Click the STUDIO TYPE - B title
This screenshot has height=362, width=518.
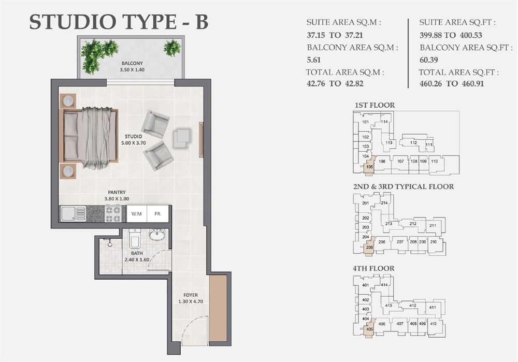pos(119,22)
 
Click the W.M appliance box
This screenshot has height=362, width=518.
pos(137,213)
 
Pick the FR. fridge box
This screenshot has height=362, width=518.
pos(158,213)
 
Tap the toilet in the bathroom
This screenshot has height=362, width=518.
pos(134,241)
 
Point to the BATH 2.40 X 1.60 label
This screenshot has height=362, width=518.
pos(137,257)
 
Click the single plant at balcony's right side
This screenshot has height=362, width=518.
pos(172,48)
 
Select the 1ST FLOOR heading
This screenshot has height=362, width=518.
pos(375,105)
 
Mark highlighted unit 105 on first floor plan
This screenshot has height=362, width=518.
pos(369,167)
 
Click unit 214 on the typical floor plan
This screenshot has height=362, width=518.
pos(384,203)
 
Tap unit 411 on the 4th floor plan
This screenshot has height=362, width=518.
pos(433,308)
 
